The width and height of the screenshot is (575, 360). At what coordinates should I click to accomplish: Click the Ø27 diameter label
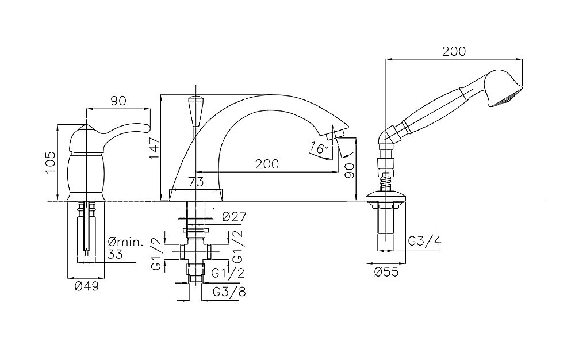tap(234, 217)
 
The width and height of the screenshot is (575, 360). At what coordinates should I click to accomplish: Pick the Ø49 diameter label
tap(87, 286)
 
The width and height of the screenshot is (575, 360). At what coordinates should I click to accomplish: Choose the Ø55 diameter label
tap(386, 272)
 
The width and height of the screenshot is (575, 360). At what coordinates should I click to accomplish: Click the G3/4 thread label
tap(425, 241)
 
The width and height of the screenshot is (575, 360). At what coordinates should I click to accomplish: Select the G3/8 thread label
tap(229, 292)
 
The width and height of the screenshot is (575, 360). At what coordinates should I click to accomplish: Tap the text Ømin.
tap(126, 242)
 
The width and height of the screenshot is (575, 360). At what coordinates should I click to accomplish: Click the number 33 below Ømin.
tap(115, 254)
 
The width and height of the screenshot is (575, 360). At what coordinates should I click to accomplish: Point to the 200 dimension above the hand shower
tap(454, 51)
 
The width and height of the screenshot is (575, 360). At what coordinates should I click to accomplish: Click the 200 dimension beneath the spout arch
tap(267, 164)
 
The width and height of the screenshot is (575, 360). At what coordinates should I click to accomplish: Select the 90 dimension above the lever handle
tap(118, 101)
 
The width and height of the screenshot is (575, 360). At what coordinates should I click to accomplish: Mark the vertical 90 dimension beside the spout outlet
tap(350, 170)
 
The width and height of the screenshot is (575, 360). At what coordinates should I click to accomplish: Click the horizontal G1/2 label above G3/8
tap(228, 273)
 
